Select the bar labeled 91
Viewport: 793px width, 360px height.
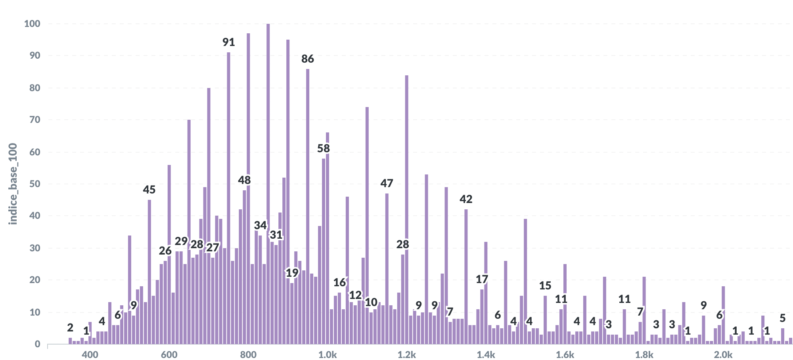coord(228,198)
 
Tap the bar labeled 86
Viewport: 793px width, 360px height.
coord(308,206)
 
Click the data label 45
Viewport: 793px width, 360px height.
coord(149,190)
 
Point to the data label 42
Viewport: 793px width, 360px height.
coord(466,199)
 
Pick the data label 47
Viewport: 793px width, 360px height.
coord(387,183)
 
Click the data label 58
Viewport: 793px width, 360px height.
coord(324,148)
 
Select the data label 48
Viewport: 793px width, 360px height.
coord(244,180)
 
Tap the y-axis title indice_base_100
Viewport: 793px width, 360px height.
coord(13,184)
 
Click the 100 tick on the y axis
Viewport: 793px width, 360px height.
coord(32,24)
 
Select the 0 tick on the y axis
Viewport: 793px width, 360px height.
coord(37,344)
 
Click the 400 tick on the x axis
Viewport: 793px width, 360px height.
coord(90,354)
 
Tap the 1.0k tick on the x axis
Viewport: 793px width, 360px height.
coord(328,354)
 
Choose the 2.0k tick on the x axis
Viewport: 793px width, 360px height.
coord(723,354)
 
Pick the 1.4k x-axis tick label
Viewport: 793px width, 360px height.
coord(486,354)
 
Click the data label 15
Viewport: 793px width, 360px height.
coord(545,285)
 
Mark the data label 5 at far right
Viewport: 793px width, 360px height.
coord(782,318)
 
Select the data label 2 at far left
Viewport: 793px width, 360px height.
coord(70,328)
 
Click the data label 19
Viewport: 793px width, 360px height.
coord(292,273)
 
